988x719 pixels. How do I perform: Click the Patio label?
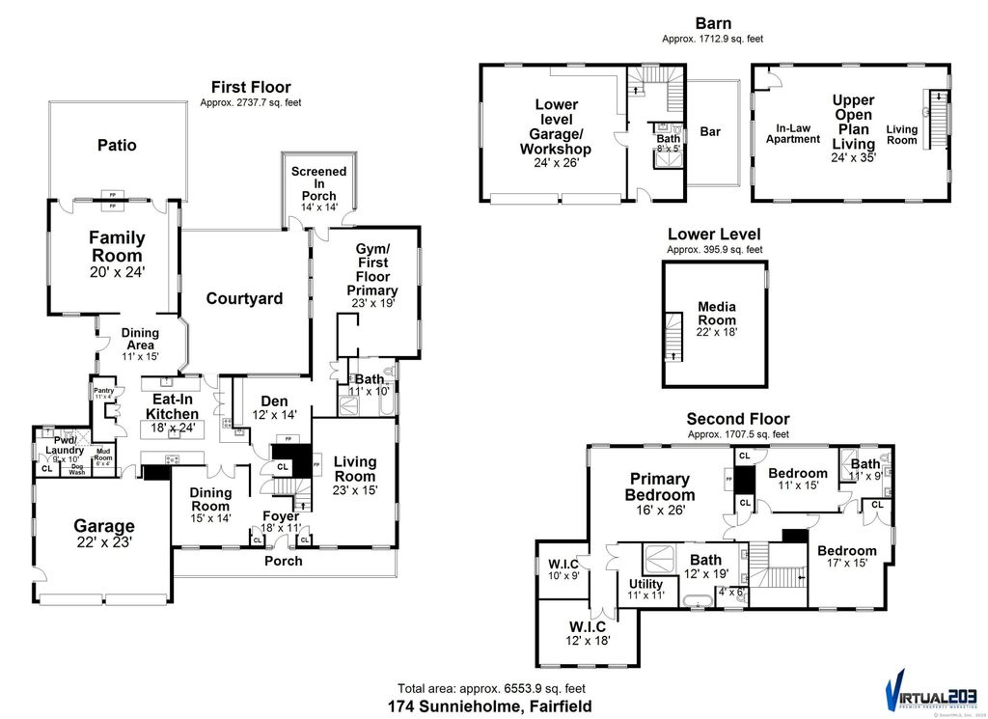(x=116, y=146)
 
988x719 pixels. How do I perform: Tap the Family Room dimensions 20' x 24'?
(x=116, y=274)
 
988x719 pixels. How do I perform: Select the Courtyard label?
(x=244, y=298)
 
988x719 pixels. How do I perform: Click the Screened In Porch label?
(x=318, y=184)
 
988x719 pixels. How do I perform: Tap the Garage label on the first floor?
(x=104, y=526)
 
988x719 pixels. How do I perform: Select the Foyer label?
(x=281, y=516)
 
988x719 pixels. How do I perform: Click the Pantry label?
(x=103, y=391)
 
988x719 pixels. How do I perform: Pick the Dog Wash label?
(x=76, y=471)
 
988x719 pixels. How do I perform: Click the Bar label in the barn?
(x=710, y=131)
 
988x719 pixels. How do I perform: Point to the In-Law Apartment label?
(x=792, y=133)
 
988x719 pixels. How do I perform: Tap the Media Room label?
(x=717, y=314)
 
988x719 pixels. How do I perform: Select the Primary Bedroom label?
(x=660, y=486)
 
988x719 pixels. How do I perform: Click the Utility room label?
(x=645, y=584)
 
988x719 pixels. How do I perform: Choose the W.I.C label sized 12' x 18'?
(x=588, y=631)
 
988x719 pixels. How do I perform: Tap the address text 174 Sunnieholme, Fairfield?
(x=496, y=706)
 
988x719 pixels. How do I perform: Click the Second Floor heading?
(x=737, y=419)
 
